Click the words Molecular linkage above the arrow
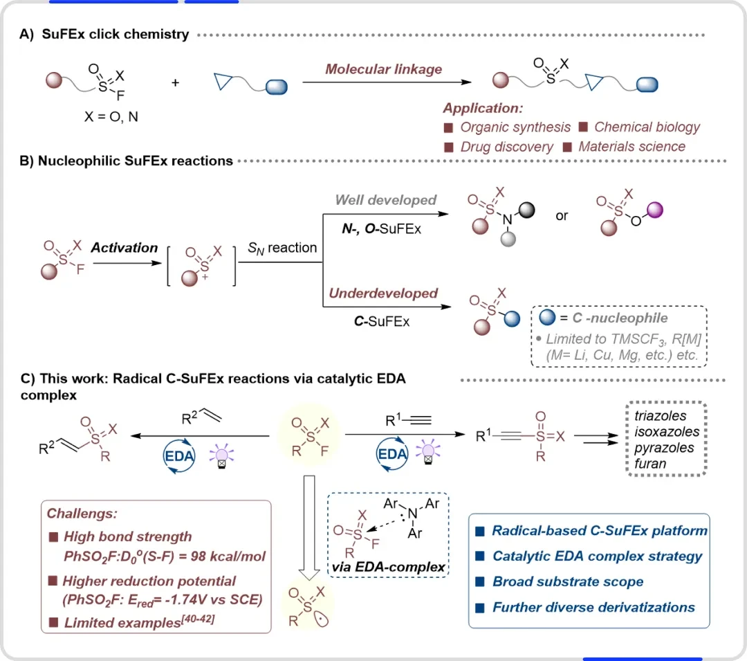click(x=383, y=70)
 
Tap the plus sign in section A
click(x=175, y=83)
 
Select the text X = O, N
click(x=111, y=117)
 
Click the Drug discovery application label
click(x=506, y=147)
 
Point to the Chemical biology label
click(x=647, y=127)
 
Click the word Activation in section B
click(x=124, y=248)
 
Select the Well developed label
click(x=386, y=200)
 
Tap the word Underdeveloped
click(x=383, y=293)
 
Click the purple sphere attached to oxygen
click(x=654, y=210)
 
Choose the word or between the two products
click(x=562, y=217)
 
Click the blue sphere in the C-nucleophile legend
click(x=547, y=317)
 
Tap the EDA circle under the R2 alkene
click(x=179, y=456)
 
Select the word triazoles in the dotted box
click(x=661, y=416)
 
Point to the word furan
click(x=650, y=464)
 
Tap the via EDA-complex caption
click(x=388, y=567)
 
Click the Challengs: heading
click(x=82, y=514)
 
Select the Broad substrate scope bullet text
click(x=568, y=582)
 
